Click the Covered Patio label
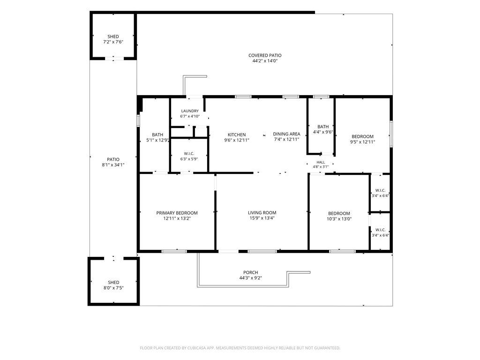[265, 55]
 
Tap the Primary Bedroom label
[177, 213]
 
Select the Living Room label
[262, 213]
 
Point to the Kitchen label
[237, 135]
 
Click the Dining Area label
[286, 134]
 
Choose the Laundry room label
[190, 111]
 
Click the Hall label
[321, 162]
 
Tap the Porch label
[251, 272]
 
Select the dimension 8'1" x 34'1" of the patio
[113, 165]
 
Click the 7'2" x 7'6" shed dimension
[113, 42]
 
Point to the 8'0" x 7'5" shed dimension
[113, 288]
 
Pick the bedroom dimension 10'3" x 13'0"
[339, 219]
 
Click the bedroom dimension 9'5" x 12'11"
[362, 142]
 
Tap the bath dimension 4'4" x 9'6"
[323, 132]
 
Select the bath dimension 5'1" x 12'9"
[157, 140]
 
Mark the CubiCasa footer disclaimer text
[240, 348]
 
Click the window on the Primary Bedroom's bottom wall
[174, 251]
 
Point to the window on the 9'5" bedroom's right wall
[391, 134]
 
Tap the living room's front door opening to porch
[228, 251]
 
